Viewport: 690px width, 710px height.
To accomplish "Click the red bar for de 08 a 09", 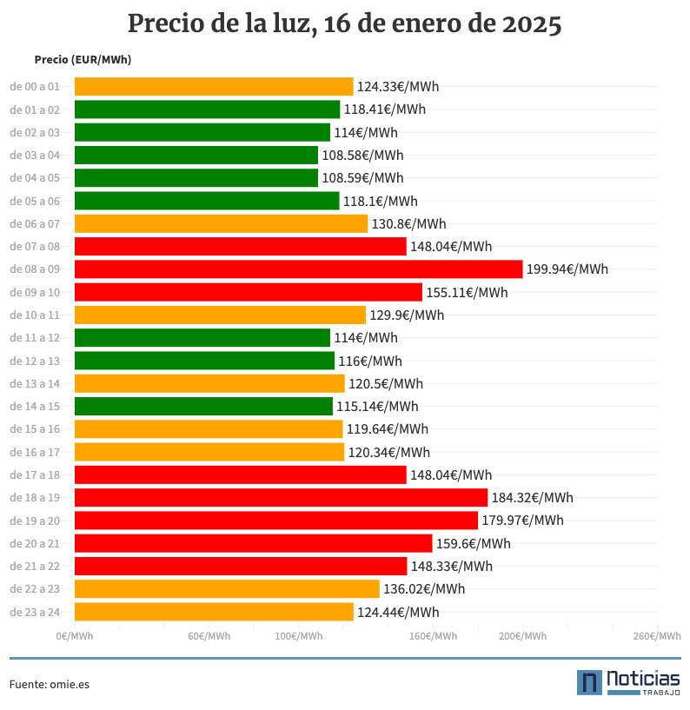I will tap(298, 269).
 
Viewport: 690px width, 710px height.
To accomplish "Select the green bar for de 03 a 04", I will tap(196, 156).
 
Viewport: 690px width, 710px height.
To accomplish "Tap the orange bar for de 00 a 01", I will tap(214, 87).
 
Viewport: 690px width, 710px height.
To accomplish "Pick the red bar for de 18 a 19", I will tap(281, 498).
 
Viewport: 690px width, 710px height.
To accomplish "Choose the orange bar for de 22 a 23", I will tap(227, 589).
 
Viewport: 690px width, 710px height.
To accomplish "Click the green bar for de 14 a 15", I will tap(203, 407).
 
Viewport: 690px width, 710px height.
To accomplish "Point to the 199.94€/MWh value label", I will tap(567, 269).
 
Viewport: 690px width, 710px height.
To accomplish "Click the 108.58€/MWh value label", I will tap(362, 156).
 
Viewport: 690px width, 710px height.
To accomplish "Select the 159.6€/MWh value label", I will tap(473, 544).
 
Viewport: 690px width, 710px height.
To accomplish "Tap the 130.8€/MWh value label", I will tap(408, 224).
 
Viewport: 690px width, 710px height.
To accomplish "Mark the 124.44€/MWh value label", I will tap(398, 612).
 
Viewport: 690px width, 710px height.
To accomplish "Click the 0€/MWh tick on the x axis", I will tap(75, 637).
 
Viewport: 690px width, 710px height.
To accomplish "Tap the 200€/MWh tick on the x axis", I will tap(522, 637).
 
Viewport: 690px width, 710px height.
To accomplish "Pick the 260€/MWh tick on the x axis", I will tap(656, 637).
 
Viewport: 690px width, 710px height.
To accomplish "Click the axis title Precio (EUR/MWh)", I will tap(83, 60).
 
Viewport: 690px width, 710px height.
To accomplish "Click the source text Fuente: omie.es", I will tap(50, 684).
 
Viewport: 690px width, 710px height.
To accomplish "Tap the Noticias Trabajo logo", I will tap(628, 682).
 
